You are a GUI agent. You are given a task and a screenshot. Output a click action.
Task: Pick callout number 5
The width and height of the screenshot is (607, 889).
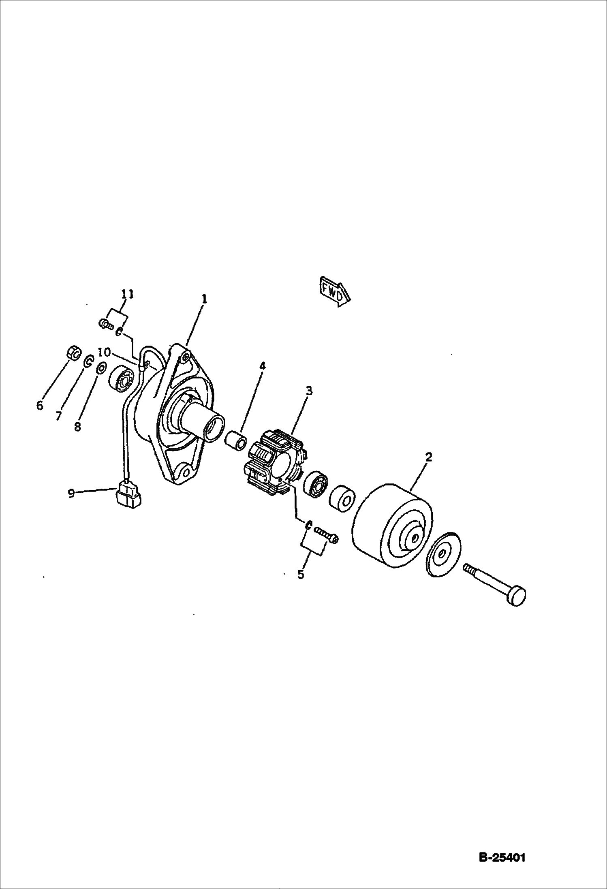click(300, 574)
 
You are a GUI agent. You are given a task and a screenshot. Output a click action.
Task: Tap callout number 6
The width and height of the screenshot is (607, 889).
click(39, 405)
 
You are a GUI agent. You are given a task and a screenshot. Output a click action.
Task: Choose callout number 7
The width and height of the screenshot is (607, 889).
click(58, 416)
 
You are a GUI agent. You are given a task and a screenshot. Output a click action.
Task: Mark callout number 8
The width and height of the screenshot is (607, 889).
click(77, 426)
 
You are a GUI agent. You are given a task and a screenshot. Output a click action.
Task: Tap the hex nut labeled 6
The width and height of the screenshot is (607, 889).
click(73, 353)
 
